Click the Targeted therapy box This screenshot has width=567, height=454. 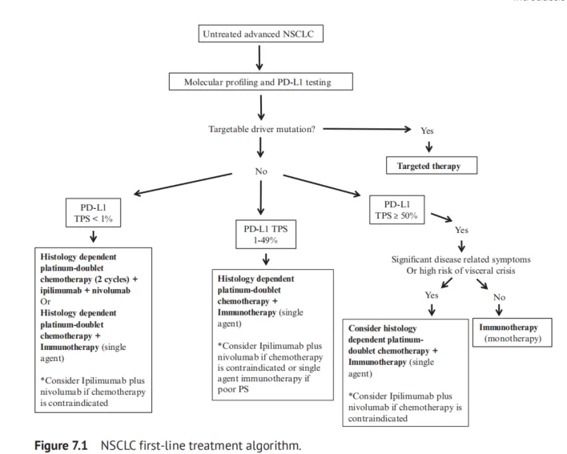[431, 167]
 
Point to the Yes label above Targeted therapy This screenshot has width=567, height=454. [427, 130]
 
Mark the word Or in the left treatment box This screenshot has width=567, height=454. [45, 302]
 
